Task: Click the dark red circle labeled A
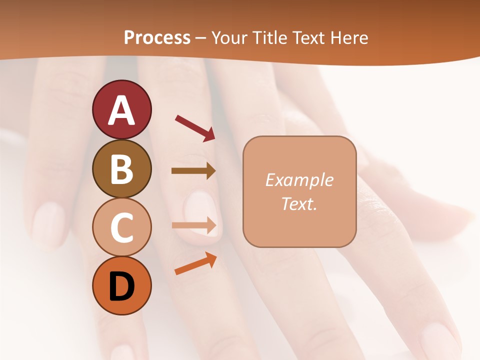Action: coord(121,109)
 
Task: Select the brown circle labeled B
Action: coord(121,168)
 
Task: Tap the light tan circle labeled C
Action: coord(121,227)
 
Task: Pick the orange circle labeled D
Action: coord(121,286)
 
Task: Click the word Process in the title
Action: coord(157,37)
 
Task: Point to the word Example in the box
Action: coord(299,180)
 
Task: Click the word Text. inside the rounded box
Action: coord(299,203)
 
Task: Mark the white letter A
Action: coord(121,110)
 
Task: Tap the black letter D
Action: coord(121,286)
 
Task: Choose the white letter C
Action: coord(121,228)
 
